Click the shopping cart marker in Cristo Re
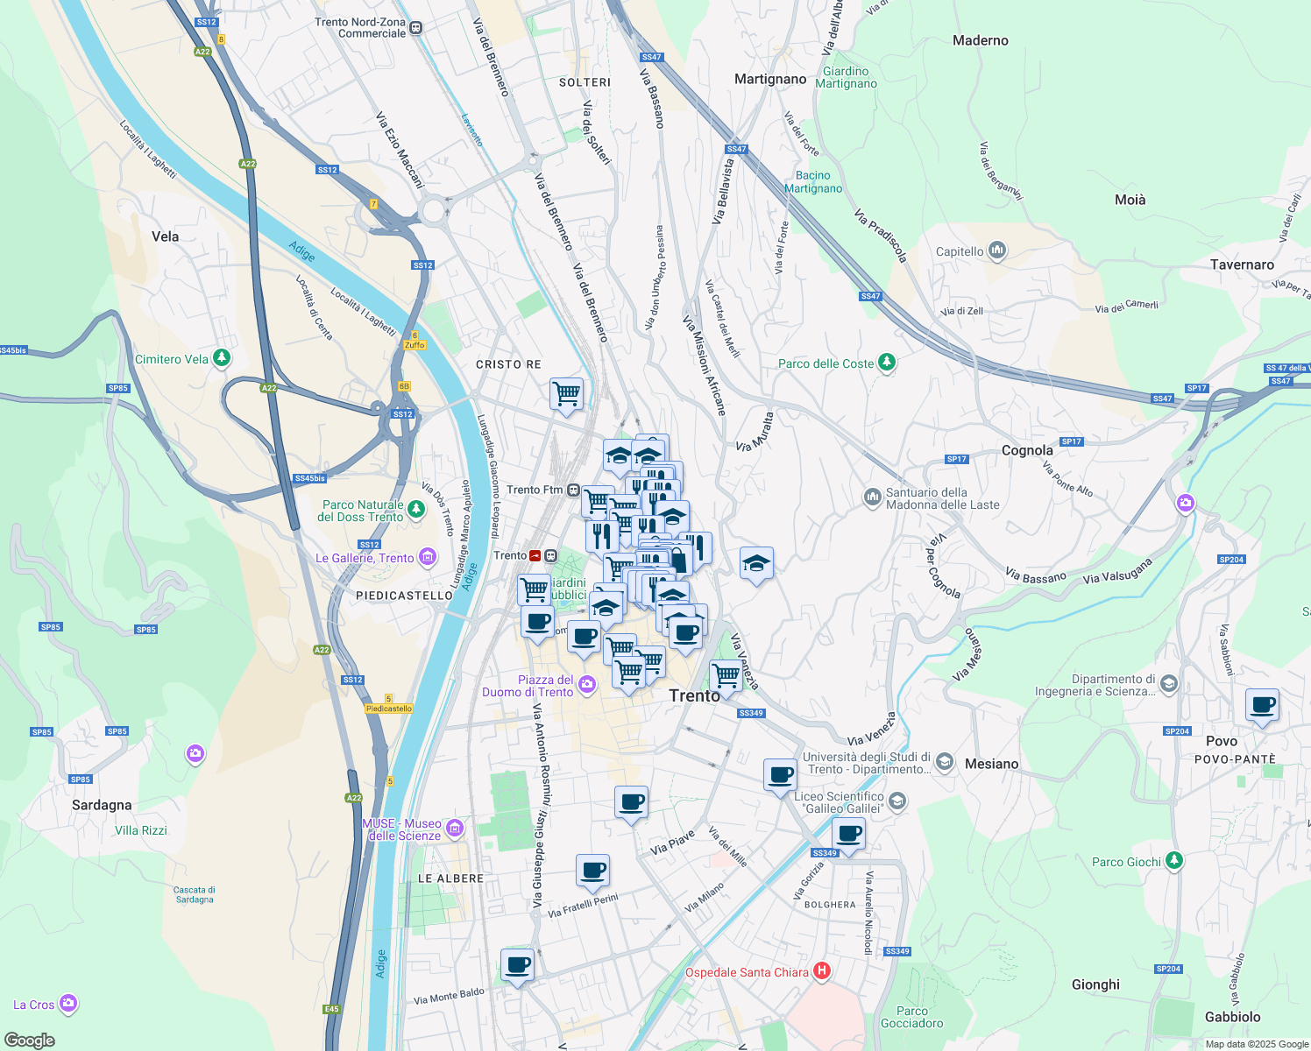tap(566, 393)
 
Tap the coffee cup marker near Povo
tap(1262, 705)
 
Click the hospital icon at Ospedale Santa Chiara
tap(822, 970)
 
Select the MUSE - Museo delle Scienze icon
tap(455, 829)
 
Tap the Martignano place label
tap(770, 79)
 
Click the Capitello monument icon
tap(997, 251)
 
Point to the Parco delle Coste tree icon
tap(887, 363)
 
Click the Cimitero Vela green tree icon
tap(222, 358)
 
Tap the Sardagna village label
tap(102, 805)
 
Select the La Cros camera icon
tap(68, 1004)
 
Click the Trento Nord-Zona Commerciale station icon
tap(416, 28)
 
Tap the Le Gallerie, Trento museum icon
tap(428, 557)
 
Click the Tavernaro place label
tap(1242, 265)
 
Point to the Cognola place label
tap(1027, 450)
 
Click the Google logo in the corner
tap(29, 1040)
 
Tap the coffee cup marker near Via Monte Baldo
tap(517, 965)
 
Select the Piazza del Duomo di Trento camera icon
tap(586, 684)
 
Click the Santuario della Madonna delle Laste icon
tap(872, 497)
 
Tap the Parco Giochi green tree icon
tap(1174, 861)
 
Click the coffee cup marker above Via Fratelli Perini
tap(592, 871)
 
